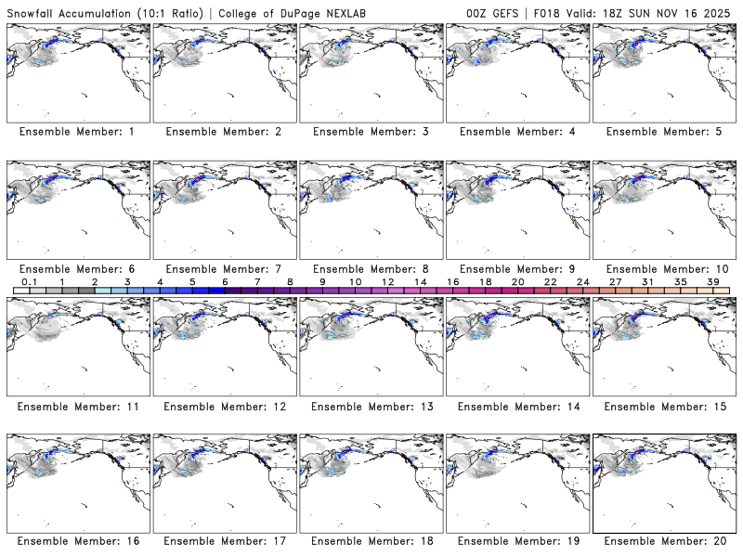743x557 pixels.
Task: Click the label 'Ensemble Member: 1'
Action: click(x=77, y=132)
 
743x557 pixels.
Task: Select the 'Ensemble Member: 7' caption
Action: click(x=223, y=268)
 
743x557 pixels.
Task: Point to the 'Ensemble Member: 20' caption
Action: click(x=666, y=540)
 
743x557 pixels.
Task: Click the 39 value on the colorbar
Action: click(x=712, y=281)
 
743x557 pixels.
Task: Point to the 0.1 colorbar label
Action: click(x=29, y=281)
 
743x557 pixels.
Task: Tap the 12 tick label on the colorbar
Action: click(x=387, y=281)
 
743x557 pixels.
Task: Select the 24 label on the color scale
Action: click(x=582, y=281)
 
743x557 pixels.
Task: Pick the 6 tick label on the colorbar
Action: click(x=225, y=281)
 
